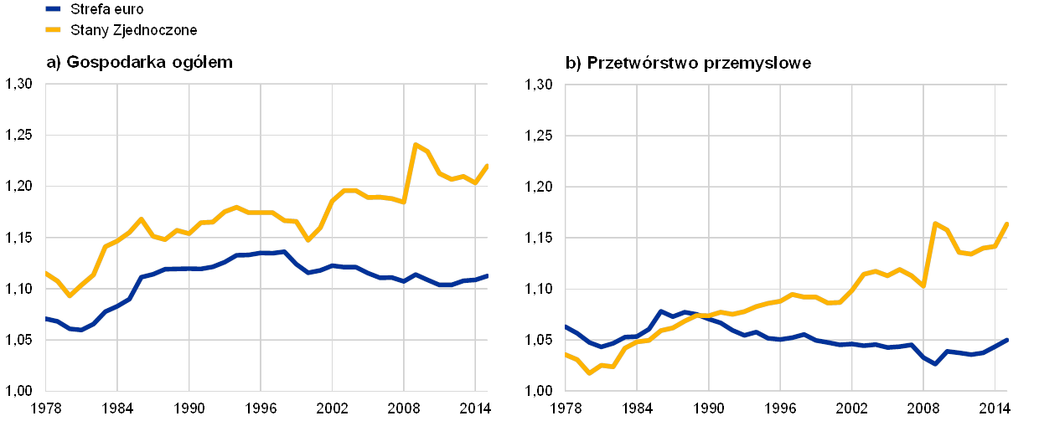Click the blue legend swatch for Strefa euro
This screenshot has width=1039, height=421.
(x=54, y=8)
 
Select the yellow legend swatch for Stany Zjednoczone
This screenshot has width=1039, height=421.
(x=54, y=29)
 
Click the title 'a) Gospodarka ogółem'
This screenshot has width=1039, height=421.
(x=139, y=62)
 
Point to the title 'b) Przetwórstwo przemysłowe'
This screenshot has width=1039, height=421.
(x=689, y=63)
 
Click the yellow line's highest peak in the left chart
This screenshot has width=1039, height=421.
(x=415, y=144)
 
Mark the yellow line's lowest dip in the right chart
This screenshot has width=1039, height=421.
(x=589, y=372)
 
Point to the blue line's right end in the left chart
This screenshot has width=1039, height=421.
(x=487, y=275)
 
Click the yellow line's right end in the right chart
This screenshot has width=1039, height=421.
(x=1006, y=223)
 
